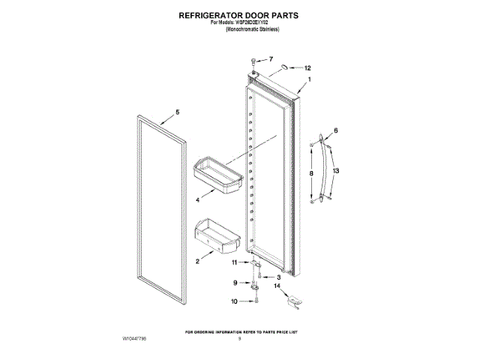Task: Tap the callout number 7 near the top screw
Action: pyautogui.click(x=271, y=58)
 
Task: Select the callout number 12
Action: pyautogui.click(x=307, y=68)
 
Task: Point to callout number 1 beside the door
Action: pyautogui.click(x=309, y=79)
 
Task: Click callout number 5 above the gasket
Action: pyautogui.click(x=178, y=112)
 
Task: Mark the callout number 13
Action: pyautogui.click(x=337, y=172)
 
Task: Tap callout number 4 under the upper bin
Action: pyautogui.click(x=197, y=200)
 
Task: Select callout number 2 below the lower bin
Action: pyautogui.click(x=197, y=262)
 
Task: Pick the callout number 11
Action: pyautogui.click(x=234, y=262)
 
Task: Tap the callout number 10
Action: pyautogui.click(x=234, y=301)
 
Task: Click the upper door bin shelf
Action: pyautogui.click(x=217, y=174)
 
